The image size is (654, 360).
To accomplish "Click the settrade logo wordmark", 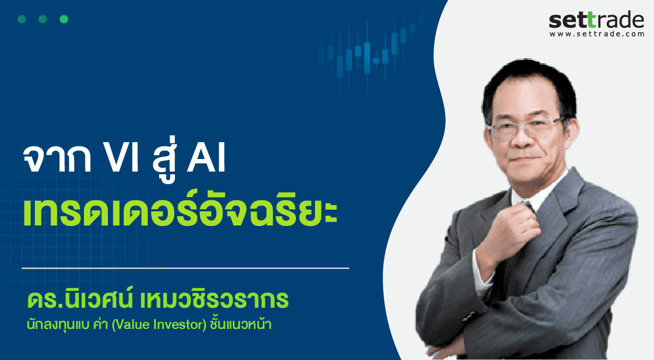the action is point(596,20).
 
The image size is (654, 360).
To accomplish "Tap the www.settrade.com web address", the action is point(597,34).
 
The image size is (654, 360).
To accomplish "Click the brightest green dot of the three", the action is point(64,19).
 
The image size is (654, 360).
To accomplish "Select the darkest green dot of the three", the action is point(22,19).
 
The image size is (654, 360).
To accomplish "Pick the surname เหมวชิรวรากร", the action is point(214,300).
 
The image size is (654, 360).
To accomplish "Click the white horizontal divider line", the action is point(185,268).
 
